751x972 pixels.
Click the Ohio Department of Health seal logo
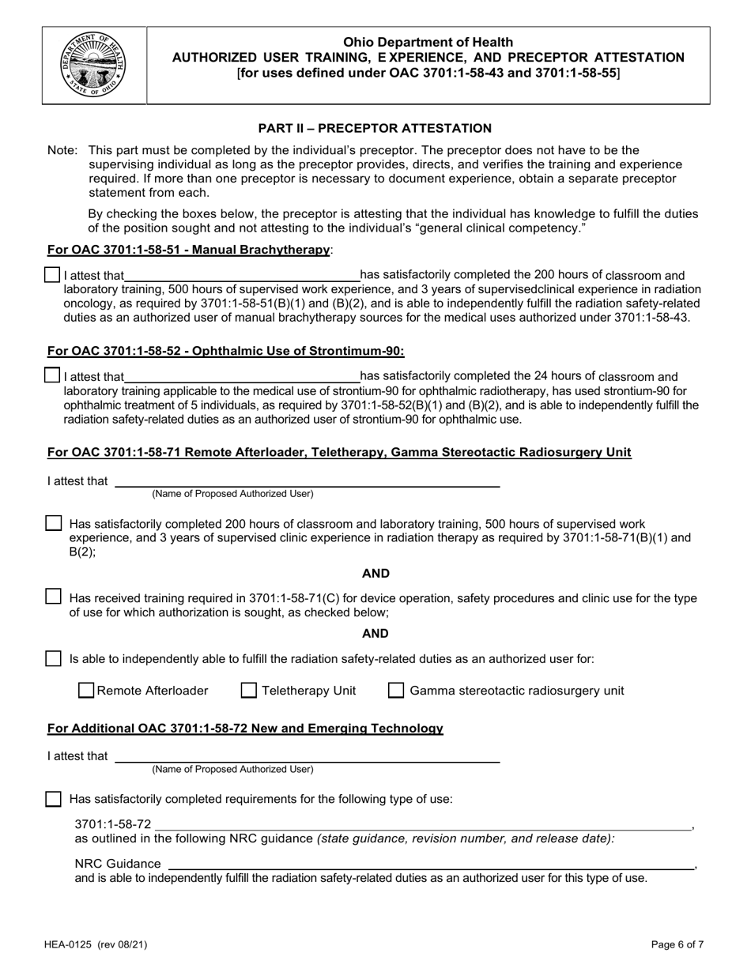click(x=94, y=65)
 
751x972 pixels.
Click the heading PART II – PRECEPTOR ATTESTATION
click(x=375, y=128)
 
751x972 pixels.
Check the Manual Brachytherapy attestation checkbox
click(x=52, y=275)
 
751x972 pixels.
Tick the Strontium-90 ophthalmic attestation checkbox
click(x=52, y=376)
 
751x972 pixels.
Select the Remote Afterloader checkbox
click(x=87, y=691)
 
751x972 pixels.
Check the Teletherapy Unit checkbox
click(x=249, y=691)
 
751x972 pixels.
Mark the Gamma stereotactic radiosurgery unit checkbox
click(x=397, y=691)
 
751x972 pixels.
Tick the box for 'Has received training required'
click(x=53, y=597)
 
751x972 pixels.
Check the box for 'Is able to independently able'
click(x=53, y=658)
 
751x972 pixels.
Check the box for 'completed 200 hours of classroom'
click(x=53, y=523)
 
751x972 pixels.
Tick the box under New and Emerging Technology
click(x=53, y=799)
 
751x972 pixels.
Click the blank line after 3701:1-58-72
click(x=423, y=826)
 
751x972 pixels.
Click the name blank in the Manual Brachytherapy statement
click(x=242, y=276)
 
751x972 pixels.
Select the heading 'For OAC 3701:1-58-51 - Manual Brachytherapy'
click(x=189, y=250)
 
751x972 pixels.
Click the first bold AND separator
click(x=375, y=574)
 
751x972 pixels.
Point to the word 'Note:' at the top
click(x=62, y=150)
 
